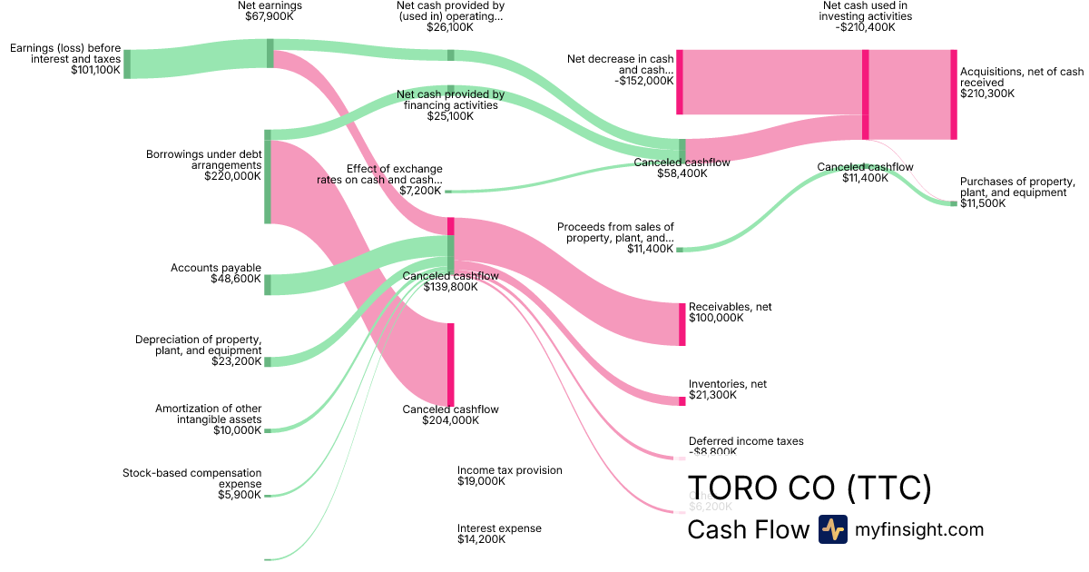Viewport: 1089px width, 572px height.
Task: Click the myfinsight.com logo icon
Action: point(833,529)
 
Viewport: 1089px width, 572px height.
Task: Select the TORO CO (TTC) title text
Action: point(809,488)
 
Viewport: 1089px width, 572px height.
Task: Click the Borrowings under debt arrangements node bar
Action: point(268,176)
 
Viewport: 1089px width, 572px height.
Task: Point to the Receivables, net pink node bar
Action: point(682,324)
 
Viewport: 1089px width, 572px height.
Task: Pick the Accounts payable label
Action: point(216,268)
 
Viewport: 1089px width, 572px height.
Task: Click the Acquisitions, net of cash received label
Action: point(1021,76)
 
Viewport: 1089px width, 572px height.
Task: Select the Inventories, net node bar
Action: point(682,400)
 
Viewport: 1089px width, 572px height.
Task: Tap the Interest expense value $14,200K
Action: point(481,539)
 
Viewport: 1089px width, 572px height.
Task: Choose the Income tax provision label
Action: point(510,470)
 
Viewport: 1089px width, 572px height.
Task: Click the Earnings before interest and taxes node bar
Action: point(127,64)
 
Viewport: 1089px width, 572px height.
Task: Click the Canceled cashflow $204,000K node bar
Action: point(451,363)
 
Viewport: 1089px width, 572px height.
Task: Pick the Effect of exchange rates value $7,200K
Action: point(420,191)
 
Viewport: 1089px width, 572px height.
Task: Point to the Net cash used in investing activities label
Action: point(867,11)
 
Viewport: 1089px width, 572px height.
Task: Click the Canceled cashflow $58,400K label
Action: point(682,163)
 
